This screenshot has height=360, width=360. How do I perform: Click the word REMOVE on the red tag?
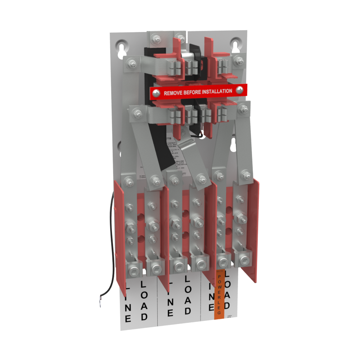point(174,93)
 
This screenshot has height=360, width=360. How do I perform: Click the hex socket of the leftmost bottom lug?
point(134,268)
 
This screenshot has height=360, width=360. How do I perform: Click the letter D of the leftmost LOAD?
point(144,317)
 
